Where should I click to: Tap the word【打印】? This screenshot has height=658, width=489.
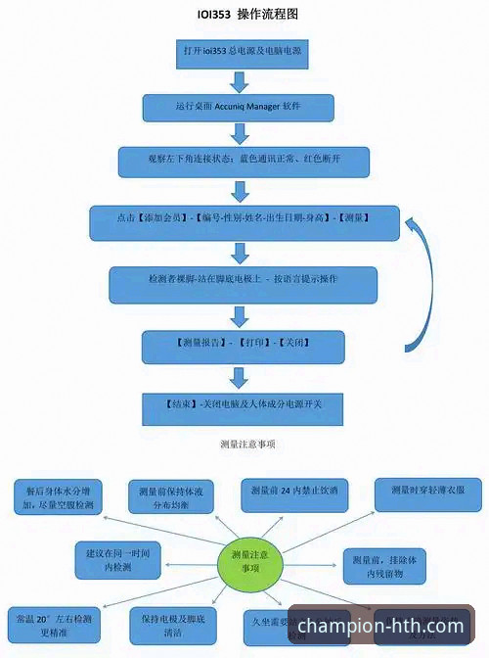click(x=249, y=344)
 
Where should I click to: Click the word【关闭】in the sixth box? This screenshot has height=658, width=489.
click(x=294, y=344)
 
